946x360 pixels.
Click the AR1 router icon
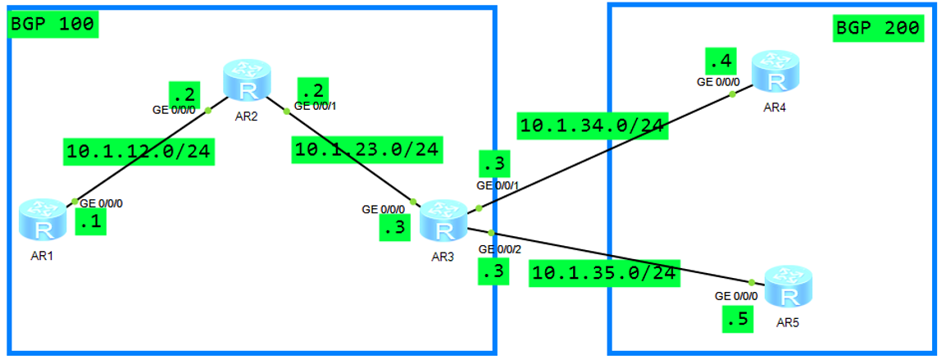point(42,219)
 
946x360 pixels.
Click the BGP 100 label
point(53,24)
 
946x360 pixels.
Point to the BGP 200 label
point(878,30)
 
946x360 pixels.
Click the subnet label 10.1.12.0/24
point(139,152)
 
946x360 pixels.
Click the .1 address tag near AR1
point(90,221)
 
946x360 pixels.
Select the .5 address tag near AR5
point(738,319)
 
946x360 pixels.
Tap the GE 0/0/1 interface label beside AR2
point(315,105)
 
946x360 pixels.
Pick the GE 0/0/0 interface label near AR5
point(736,296)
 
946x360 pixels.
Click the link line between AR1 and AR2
point(141,155)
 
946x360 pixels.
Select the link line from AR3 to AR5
point(623,257)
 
